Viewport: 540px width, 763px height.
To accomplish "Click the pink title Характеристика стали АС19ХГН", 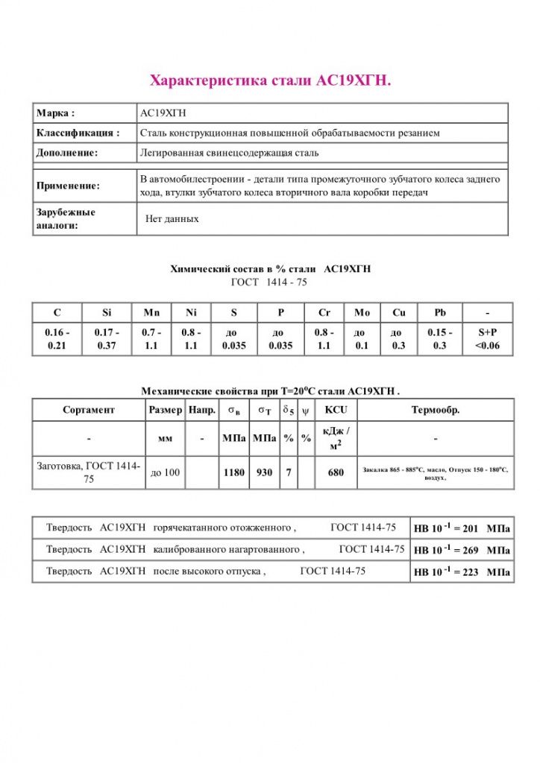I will click(x=271, y=80).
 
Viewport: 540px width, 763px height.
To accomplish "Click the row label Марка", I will click(x=56, y=113).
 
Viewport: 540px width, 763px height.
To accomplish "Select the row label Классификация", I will click(x=78, y=133).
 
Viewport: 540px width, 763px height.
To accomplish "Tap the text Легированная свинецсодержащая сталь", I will click(x=229, y=153).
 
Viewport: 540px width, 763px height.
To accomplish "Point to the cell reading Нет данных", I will click(x=172, y=219).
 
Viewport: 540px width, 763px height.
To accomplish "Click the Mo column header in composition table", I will click(x=361, y=312).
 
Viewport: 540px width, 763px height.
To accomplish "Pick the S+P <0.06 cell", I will click(x=488, y=339).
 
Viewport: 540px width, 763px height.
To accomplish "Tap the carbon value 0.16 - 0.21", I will click(x=57, y=339).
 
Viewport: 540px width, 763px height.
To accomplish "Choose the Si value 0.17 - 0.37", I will click(x=106, y=339).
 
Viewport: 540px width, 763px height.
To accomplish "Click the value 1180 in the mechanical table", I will click(x=234, y=472).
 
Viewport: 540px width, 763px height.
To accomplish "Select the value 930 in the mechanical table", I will click(x=264, y=472).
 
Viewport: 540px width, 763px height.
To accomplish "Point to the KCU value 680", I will click(x=336, y=472).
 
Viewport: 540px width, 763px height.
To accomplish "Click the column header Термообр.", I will click(x=436, y=410).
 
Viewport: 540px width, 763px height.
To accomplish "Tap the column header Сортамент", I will click(x=89, y=410).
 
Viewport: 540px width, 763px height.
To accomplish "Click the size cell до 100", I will click(x=165, y=472).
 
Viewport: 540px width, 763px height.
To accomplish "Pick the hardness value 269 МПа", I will click(x=462, y=551).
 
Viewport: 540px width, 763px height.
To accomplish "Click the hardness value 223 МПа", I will click(x=462, y=572).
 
